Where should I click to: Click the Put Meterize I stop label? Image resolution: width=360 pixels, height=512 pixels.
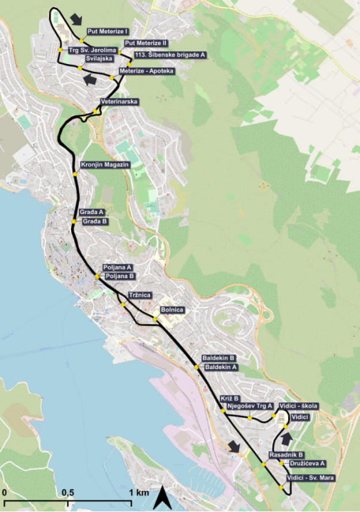pos(107,31)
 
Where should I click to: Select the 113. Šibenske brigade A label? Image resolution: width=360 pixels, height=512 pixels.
pos(170,54)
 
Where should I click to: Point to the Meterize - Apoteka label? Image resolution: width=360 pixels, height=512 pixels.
pos(147,71)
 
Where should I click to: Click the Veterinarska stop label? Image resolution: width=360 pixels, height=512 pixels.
pos(120,102)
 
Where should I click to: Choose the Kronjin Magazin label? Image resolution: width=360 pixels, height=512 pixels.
pos(105,164)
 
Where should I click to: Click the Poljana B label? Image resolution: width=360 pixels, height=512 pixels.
pos(120,276)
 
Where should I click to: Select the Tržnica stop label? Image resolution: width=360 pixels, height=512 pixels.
pos(139,294)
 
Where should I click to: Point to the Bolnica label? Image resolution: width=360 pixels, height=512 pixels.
pos(173,309)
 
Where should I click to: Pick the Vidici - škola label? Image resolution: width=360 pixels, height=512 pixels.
pos(299,405)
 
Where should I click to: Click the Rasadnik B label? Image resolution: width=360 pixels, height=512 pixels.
pos(286,454)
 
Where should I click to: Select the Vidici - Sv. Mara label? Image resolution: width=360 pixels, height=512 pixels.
pos(309,477)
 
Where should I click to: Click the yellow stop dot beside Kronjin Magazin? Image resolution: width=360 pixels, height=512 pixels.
pos(75,174)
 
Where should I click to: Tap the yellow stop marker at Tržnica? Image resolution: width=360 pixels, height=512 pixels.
pos(123,304)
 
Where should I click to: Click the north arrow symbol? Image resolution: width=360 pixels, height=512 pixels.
pos(162,498)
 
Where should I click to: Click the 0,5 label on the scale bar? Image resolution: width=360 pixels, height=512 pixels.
pos(68,492)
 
